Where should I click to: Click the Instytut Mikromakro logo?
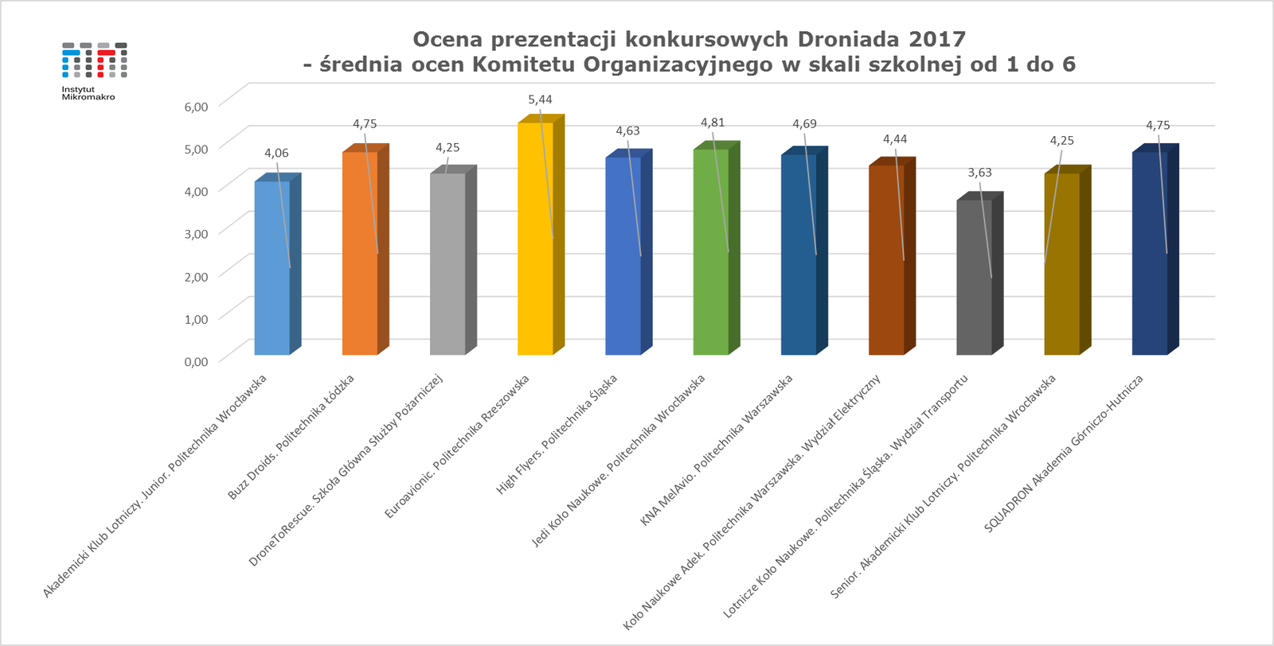coord(94,70)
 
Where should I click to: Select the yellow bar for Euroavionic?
coord(535,239)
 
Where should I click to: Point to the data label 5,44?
coord(540,99)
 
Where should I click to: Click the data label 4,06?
coord(276,153)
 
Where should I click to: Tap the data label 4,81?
coord(713,123)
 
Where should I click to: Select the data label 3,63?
coord(979,172)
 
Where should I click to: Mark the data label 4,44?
coord(895,139)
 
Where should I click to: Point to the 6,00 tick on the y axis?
coord(196,107)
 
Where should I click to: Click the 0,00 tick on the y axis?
coord(196,361)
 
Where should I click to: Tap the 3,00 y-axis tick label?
coord(196,234)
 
